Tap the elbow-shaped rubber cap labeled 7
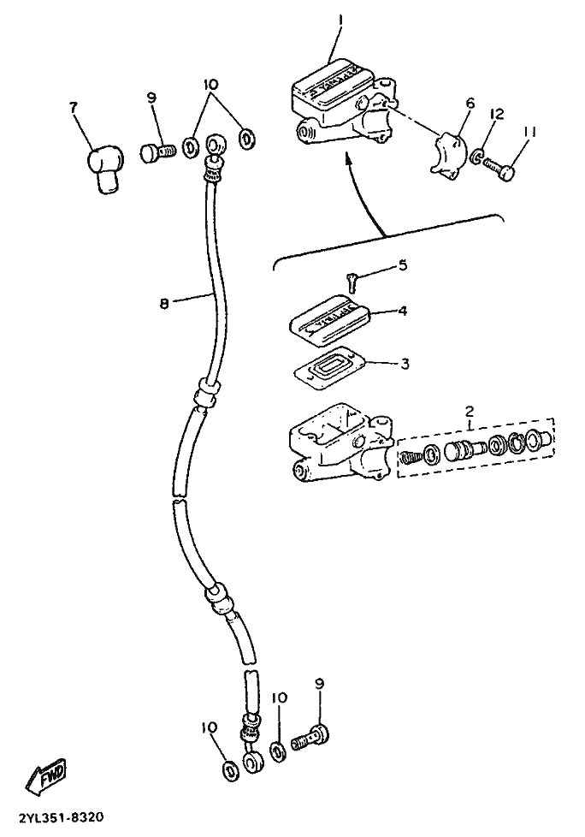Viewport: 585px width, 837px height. (x=103, y=169)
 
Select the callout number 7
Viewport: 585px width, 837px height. (x=74, y=106)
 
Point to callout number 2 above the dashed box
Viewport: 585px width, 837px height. (x=470, y=411)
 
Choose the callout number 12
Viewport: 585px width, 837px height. (x=496, y=113)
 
